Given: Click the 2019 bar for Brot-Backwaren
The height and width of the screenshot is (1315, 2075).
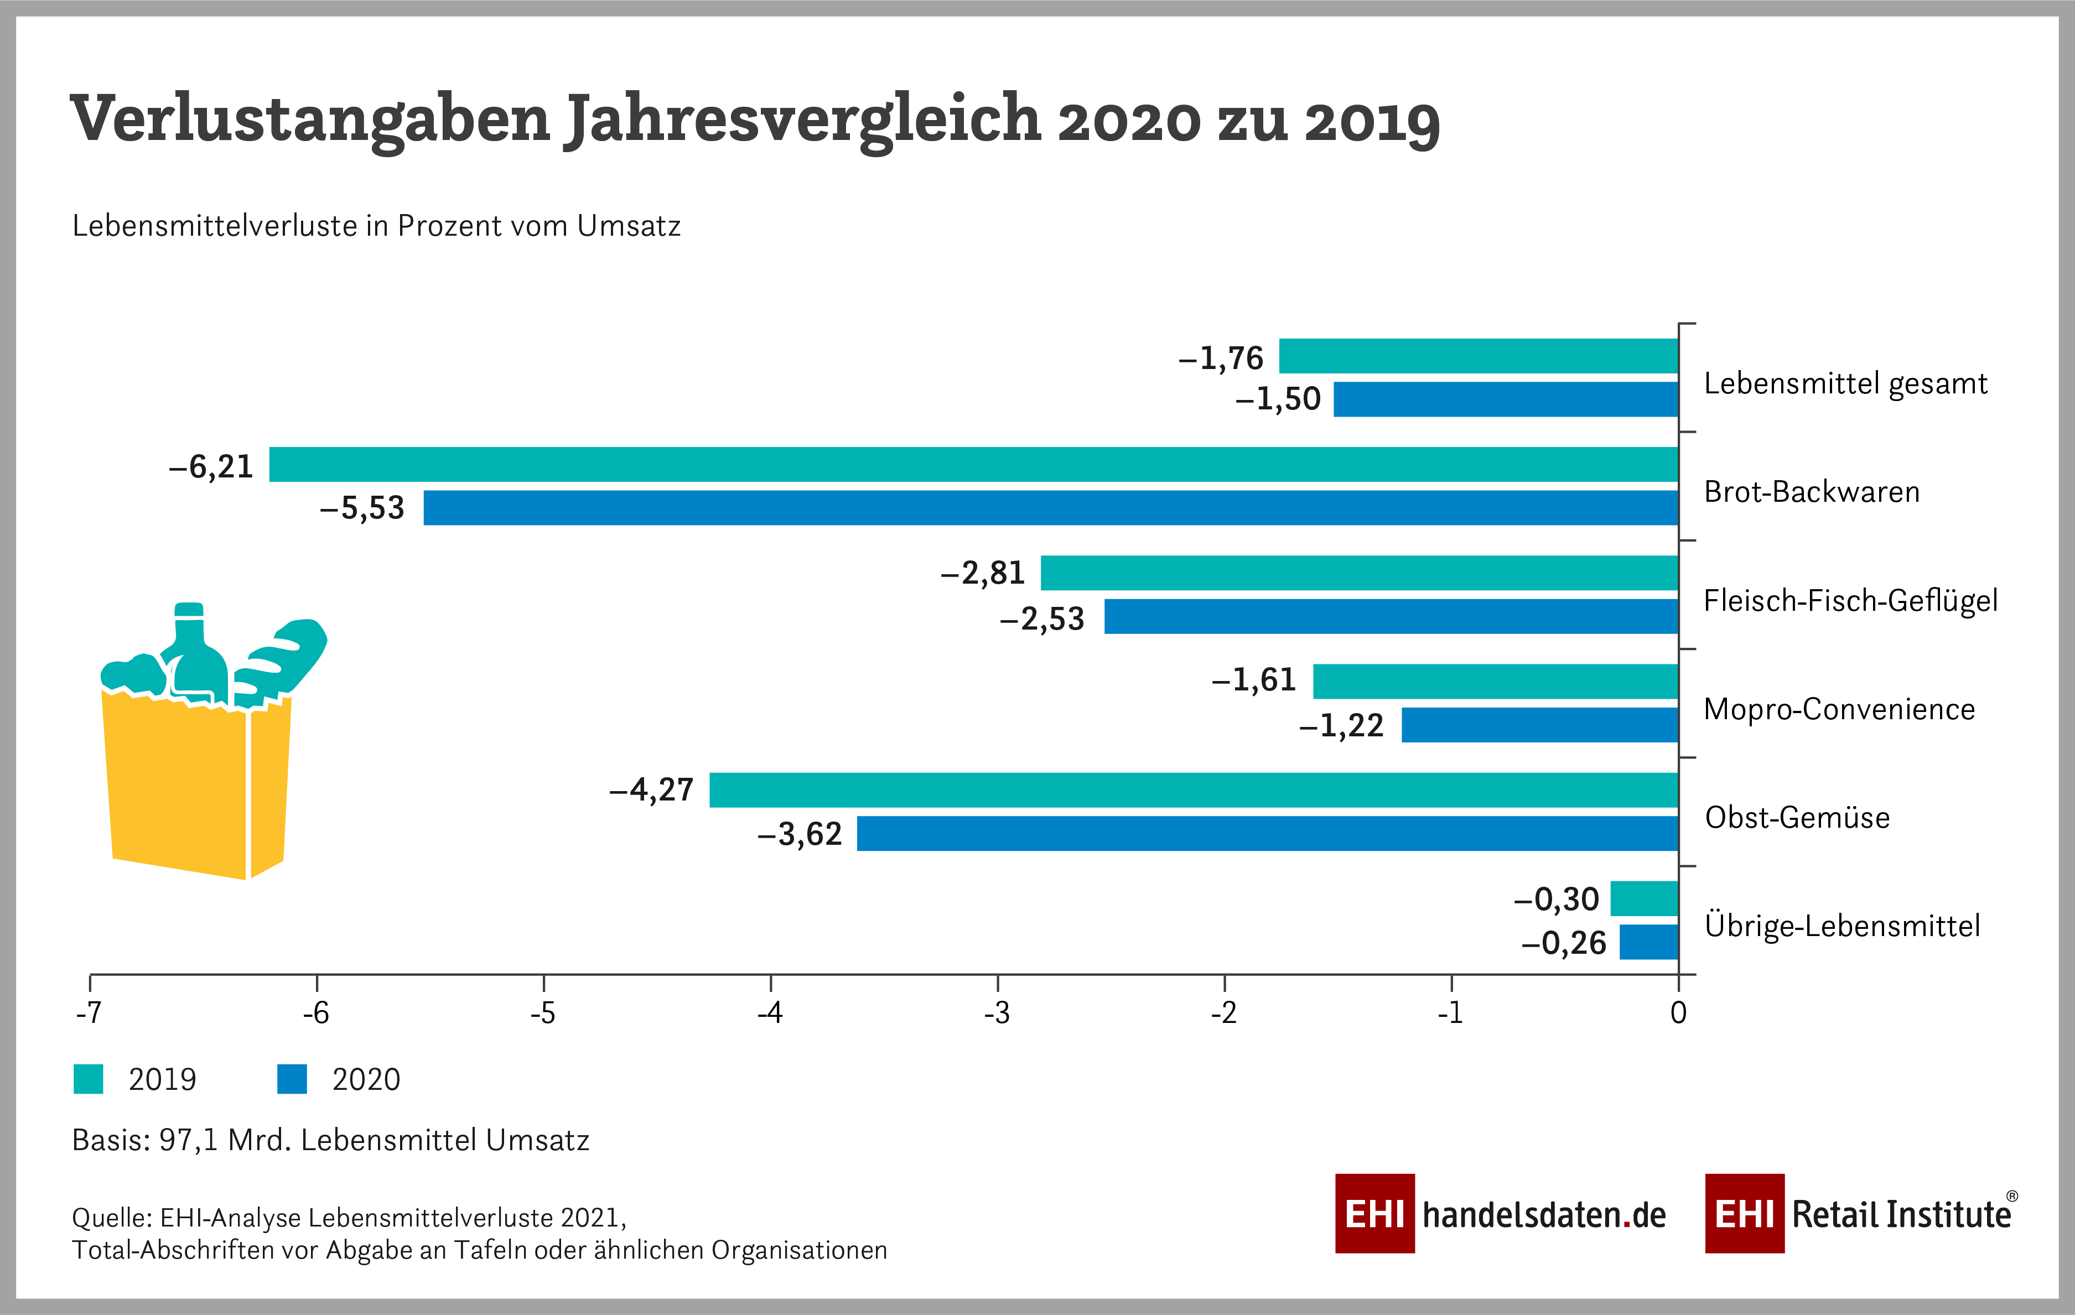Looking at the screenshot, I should (974, 465).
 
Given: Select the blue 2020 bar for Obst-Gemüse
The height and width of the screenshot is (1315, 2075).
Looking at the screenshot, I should (1267, 833).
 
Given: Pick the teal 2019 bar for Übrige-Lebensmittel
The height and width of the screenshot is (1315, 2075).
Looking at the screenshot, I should (1644, 899).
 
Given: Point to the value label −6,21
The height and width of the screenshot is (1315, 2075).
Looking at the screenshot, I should (211, 467).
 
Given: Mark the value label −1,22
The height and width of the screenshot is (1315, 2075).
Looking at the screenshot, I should (1342, 726).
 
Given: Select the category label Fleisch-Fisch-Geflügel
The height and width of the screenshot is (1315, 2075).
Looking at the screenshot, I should (1850, 601).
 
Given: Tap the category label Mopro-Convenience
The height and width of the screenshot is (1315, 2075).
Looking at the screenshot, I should (1839, 709).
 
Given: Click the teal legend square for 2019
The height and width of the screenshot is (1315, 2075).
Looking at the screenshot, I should (88, 1079).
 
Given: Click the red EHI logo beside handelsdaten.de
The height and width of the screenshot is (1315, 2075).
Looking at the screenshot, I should (1374, 1213).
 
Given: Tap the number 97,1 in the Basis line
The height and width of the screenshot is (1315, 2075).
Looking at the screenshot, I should (188, 1140).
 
